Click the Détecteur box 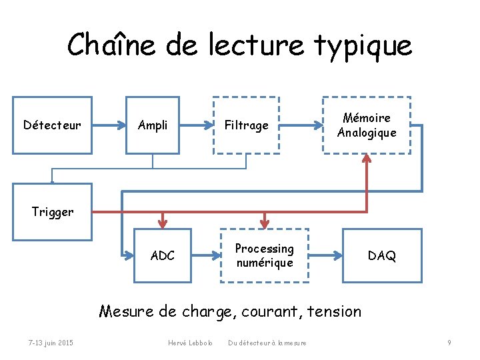point(52,125)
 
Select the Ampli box point(152,125)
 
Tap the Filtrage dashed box point(246,125)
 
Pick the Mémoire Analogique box point(367,125)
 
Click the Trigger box point(52,213)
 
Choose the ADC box point(163,255)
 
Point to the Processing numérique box point(265,255)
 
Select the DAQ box point(382,255)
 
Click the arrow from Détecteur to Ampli point(109,125)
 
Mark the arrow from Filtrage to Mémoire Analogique point(300,125)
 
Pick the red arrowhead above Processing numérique point(265,223)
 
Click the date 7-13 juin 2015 point(51,343)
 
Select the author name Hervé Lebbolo point(190,343)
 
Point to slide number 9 point(449,343)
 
